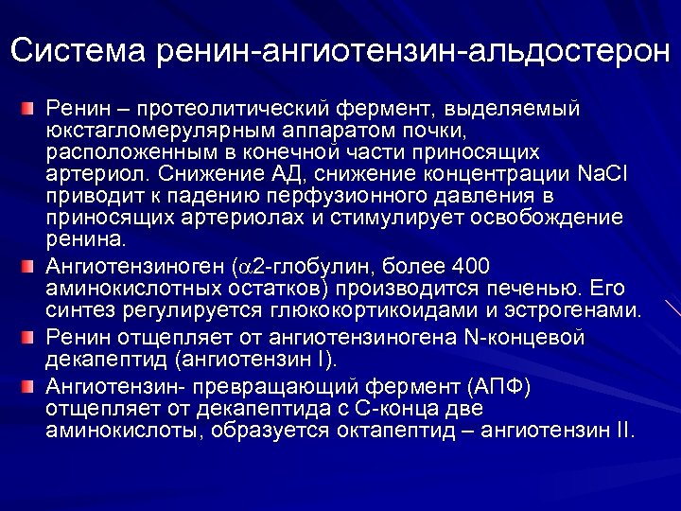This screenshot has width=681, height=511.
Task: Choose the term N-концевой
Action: pos(523,339)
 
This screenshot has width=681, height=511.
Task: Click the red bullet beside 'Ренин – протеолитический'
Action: pos(30,110)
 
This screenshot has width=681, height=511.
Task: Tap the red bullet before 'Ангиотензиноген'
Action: pos(30,266)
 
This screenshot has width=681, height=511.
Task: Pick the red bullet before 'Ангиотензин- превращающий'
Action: pos(30,387)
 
